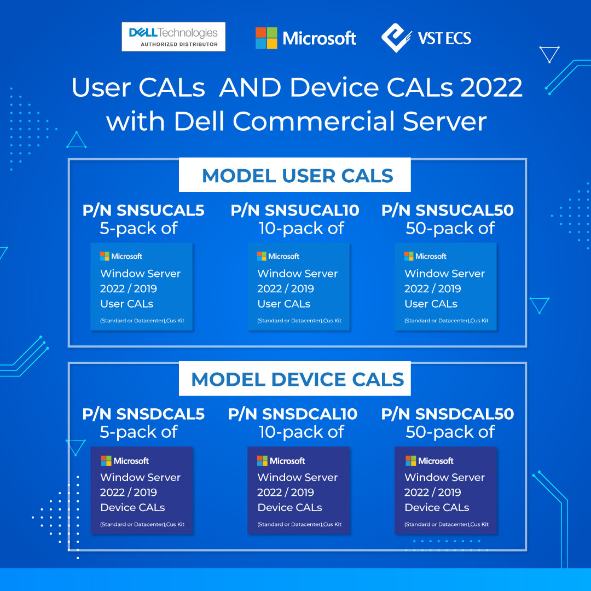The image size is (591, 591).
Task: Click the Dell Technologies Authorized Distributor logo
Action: [x=173, y=37]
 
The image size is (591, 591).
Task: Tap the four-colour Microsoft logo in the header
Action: [x=266, y=38]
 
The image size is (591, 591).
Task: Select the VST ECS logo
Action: [x=426, y=38]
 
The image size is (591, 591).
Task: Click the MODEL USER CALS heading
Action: [x=297, y=176]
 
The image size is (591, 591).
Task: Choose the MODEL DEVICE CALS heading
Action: [x=297, y=379]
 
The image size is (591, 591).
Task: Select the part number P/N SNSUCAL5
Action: [x=143, y=210]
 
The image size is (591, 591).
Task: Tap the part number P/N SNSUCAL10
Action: [x=295, y=210]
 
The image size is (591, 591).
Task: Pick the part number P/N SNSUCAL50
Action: [x=448, y=210]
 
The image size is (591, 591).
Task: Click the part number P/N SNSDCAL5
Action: [x=143, y=414]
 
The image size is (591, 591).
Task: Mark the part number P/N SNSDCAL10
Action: [x=292, y=414]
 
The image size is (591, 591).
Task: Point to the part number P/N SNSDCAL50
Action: [x=448, y=414]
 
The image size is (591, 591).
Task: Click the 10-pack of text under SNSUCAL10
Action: [x=301, y=228]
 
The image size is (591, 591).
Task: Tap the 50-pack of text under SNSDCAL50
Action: [x=450, y=432]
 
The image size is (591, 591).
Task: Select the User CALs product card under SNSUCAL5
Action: [x=142, y=287]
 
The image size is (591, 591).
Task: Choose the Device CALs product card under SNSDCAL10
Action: [x=299, y=490]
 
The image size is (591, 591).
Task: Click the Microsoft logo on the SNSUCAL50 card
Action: [x=425, y=256]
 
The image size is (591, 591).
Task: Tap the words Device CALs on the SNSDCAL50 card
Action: [x=437, y=508]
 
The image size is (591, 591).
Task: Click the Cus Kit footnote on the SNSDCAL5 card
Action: [x=175, y=524]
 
